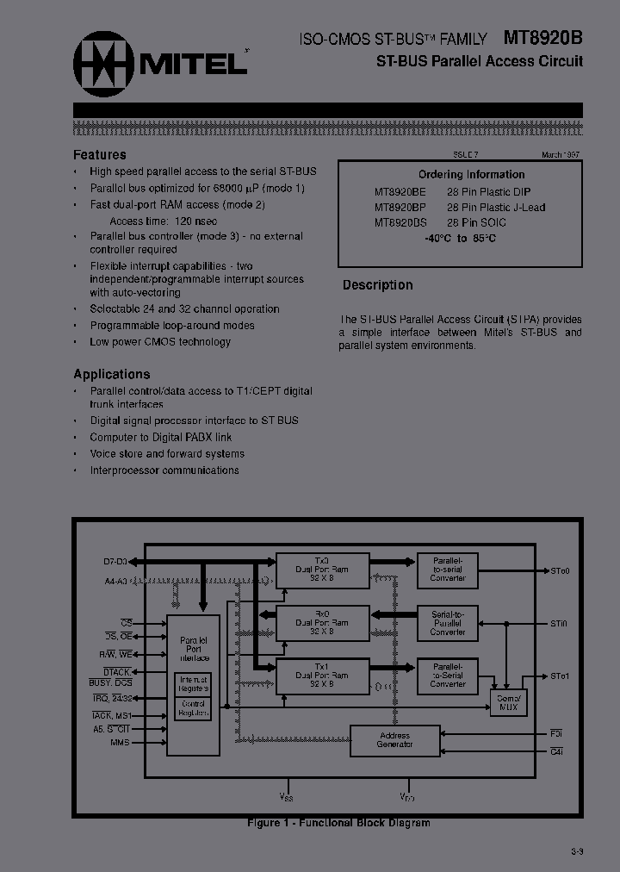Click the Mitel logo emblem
(x=100, y=61)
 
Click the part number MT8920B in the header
(x=543, y=38)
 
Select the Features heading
(x=100, y=155)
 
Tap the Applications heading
(x=112, y=374)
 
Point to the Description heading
(x=378, y=285)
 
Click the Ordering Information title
(x=460, y=174)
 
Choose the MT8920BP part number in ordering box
(x=400, y=207)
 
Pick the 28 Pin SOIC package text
(x=476, y=222)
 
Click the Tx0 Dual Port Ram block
(x=322, y=569)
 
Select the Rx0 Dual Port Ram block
(x=322, y=622)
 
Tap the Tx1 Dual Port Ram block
(x=322, y=676)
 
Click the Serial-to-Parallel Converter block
(x=448, y=622)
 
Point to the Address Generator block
(x=394, y=739)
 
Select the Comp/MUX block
(x=508, y=702)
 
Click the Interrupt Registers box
(x=194, y=684)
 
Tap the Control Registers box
(x=194, y=708)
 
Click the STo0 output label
(x=560, y=570)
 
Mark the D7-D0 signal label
(x=115, y=562)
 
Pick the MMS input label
(x=120, y=742)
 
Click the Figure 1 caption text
(x=338, y=823)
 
